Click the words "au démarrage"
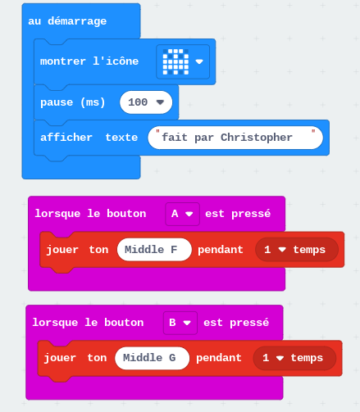pyautogui.click(x=67, y=21)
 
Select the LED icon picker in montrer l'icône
pyautogui.click(x=183, y=61)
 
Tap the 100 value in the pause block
pyautogui.click(x=146, y=102)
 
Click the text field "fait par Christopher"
pyautogui.click(x=235, y=138)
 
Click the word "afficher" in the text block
pyautogui.click(x=66, y=138)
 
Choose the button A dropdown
pyautogui.click(x=182, y=214)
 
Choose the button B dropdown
pyautogui.click(x=180, y=323)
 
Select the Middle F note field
pyautogui.click(x=154, y=250)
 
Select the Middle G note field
pyautogui.click(x=152, y=358)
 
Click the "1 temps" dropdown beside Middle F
pyautogui.click(x=297, y=250)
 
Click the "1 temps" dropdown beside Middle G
pyautogui.click(x=294, y=358)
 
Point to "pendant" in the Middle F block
pyautogui.click(x=221, y=250)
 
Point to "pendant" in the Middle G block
pyautogui.click(x=219, y=358)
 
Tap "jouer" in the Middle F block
pyautogui.click(x=62, y=250)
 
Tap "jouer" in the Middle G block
pyautogui.click(x=60, y=358)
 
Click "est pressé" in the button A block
pyautogui.click(x=238, y=214)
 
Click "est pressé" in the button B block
pyautogui.click(x=236, y=323)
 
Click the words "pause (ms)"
pyautogui.click(x=73, y=102)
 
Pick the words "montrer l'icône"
pyautogui.click(x=89, y=61)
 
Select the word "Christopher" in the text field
pyautogui.click(x=257, y=138)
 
